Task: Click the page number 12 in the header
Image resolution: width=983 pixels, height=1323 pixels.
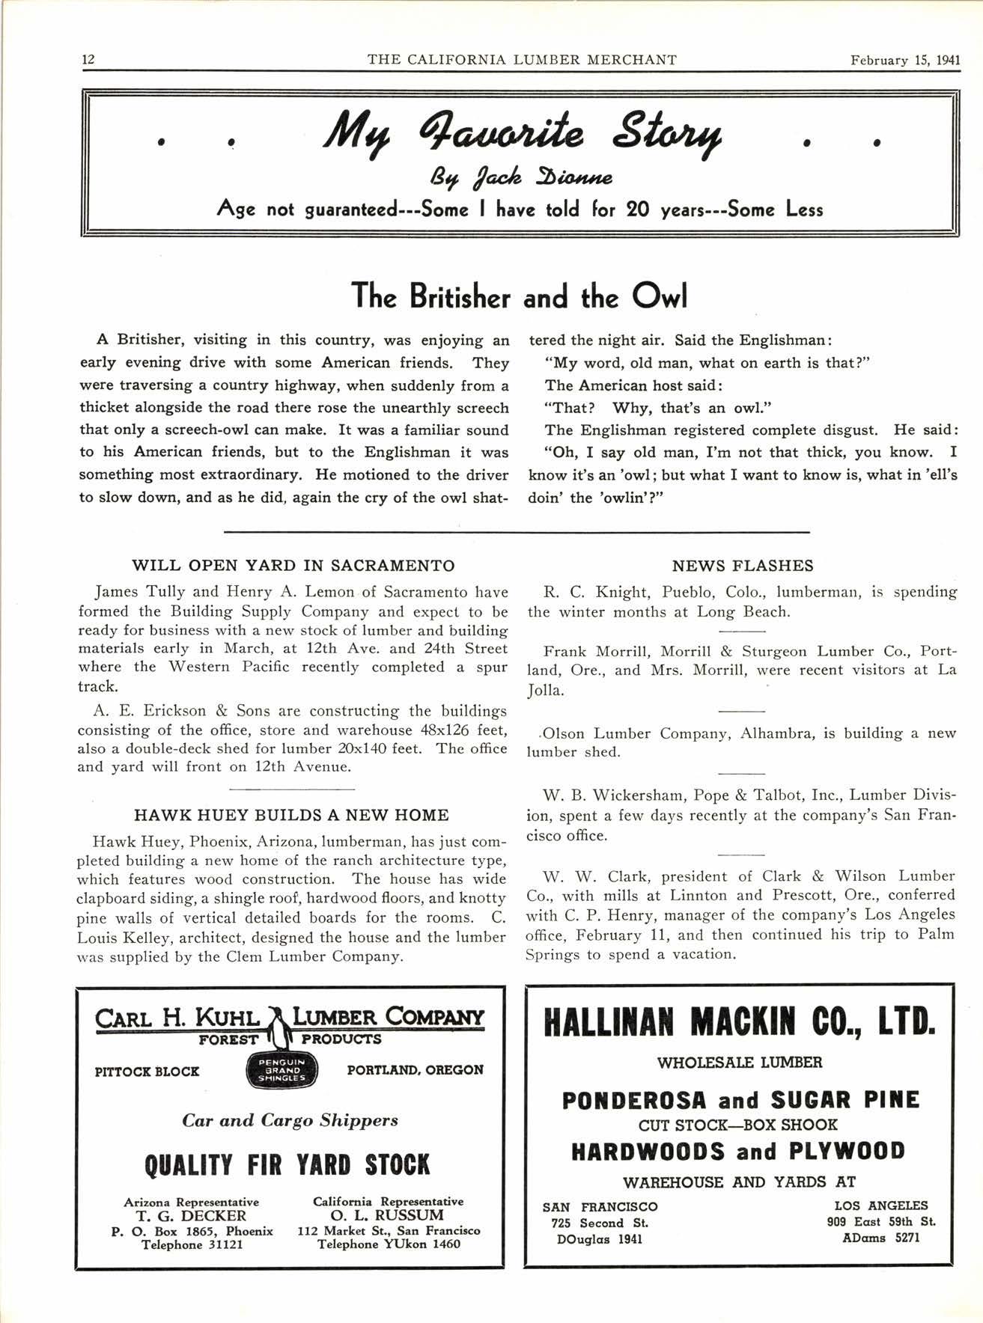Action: point(88,60)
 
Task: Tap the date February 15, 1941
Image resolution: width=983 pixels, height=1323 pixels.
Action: point(904,60)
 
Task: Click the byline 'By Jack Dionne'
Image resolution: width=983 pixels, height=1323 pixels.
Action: point(517,178)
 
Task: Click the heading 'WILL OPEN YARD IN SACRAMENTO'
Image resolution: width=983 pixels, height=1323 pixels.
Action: point(293,565)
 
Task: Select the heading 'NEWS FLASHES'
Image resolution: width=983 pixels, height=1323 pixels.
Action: point(742,566)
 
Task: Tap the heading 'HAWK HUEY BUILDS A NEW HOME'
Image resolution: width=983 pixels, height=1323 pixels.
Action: point(291,815)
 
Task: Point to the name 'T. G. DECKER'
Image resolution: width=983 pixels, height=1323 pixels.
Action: point(192,1215)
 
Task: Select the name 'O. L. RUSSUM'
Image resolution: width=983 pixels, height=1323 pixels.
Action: point(388,1215)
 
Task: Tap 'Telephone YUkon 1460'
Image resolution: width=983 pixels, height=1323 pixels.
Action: point(389,1244)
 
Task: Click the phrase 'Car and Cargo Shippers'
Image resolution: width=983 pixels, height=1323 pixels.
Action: point(290,1120)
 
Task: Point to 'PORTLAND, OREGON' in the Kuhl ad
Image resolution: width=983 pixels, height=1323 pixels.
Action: point(415,1070)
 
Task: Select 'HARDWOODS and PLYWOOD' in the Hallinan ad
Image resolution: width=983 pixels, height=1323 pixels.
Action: point(738,1151)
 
